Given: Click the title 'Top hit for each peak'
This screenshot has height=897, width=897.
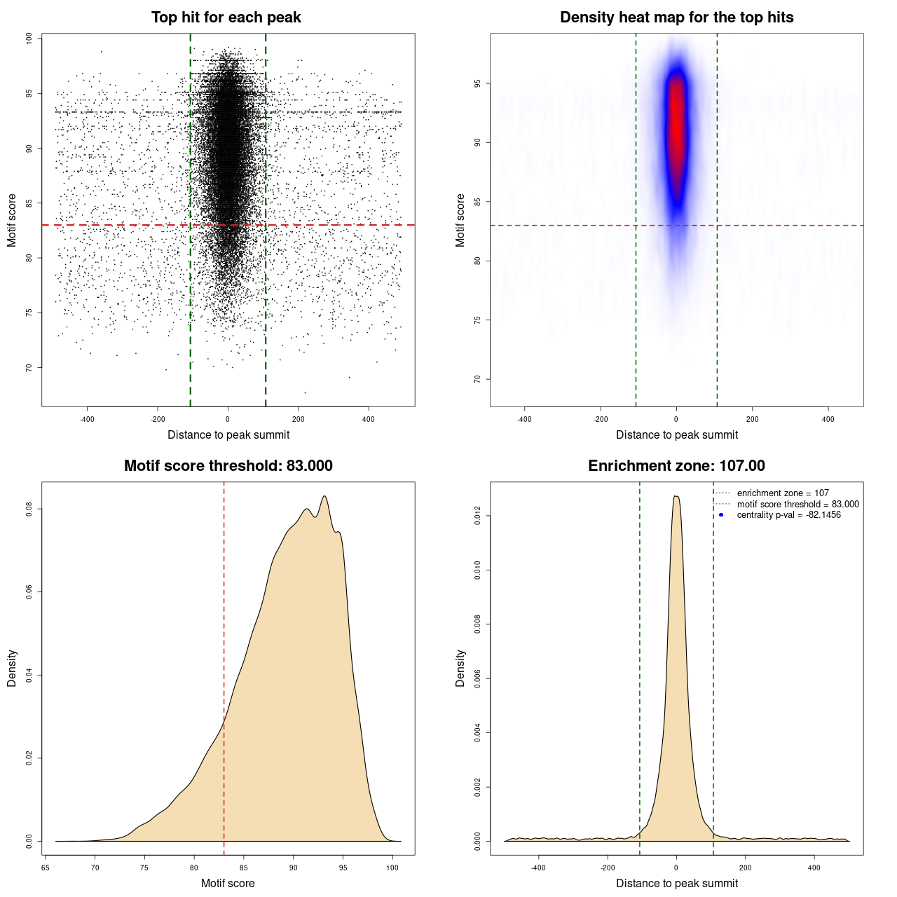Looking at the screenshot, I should tap(226, 18).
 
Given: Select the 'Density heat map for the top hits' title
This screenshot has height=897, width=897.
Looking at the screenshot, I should tap(676, 18).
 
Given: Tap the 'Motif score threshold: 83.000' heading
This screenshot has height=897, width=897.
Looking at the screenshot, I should tap(228, 466).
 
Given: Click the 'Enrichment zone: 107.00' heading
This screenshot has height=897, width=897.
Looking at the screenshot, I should tap(676, 466).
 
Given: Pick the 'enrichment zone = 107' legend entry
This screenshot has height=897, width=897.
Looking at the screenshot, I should tap(782, 493).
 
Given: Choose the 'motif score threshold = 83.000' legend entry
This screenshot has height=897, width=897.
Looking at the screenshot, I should tap(797, 505).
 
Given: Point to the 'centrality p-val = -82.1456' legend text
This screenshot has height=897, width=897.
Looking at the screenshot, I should tap(788, 515).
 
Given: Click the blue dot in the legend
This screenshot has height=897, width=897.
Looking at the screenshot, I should tap(721, 515).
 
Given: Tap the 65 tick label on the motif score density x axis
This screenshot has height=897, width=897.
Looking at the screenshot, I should tap(45, 868).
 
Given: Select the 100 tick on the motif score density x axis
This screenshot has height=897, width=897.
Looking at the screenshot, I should tap(392, 868).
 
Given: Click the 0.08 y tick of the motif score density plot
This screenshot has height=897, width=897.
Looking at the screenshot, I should tap(29, 509).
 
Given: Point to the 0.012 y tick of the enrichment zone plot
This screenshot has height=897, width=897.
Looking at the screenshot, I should tap(478, 516).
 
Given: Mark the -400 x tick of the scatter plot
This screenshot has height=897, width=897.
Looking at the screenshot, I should tap(87, 419).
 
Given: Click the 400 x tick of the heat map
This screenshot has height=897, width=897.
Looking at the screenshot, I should tap(828, 419).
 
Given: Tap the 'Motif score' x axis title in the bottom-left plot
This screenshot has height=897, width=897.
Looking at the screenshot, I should tap(228, 883).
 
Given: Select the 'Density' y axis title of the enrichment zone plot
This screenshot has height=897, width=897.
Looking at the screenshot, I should tap(460, 668).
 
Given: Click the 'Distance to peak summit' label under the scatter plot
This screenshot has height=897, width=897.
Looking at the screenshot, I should tap(228, 434).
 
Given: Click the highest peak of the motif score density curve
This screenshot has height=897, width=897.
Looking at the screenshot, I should tap(324, 497).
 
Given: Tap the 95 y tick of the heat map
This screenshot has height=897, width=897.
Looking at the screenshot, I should tap(478, 83).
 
